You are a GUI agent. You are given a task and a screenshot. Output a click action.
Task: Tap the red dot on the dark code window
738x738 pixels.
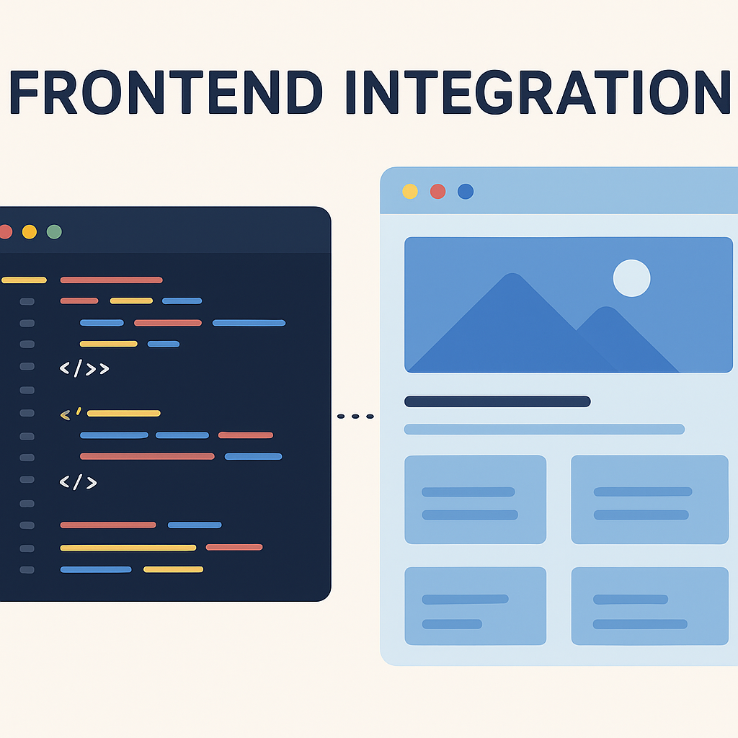pyautogui.click(x=5, y=232)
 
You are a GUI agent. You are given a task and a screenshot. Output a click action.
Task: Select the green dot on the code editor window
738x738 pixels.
pyautogui.click(x=54, y=232)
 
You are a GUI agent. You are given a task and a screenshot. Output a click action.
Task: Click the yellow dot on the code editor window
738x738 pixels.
pyautogui.click(x=30, y=232)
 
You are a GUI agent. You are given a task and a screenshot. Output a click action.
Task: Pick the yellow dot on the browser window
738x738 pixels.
pyautogui.click(x=410, y=191)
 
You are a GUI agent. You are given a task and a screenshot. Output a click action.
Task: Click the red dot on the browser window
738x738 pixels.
pyautogui.click(x=437, y=191)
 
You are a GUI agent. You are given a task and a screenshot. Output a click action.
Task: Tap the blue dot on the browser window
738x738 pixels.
pyautogui.click(x=466, y=191)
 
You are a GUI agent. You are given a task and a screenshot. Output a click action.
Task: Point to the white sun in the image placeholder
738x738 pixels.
pyautogui.click(x=631, y=278)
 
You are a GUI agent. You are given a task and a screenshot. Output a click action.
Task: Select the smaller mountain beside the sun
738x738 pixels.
pyautogui.click(x=613, y=339)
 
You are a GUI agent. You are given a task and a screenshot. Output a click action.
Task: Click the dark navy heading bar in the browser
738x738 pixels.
pyautogui.click(x=497, y=401)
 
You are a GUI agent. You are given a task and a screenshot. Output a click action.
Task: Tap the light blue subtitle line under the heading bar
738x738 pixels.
pyautogui.click(x=544, y=430)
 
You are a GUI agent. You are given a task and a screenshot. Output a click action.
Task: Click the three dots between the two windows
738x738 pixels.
pyautogui.click(x=356, y=416)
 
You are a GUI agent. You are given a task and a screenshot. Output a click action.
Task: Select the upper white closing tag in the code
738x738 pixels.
pyautogui.click(x=84, y=369)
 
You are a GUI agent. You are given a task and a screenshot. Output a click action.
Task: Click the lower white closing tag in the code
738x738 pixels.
pyautogui.click(x=78, y=482)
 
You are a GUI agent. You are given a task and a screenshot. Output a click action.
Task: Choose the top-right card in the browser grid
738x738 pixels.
pyautogui.click(x=649, y=499)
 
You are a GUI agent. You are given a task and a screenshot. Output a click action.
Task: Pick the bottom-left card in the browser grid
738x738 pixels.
pyautogui.click(x=475, y=605)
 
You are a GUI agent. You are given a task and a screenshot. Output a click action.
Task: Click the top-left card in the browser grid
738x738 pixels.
pyautogui.click(x=475, y=499)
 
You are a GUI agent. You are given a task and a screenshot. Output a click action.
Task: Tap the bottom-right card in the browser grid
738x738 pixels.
pyautogui.click(x=649, y=605)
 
